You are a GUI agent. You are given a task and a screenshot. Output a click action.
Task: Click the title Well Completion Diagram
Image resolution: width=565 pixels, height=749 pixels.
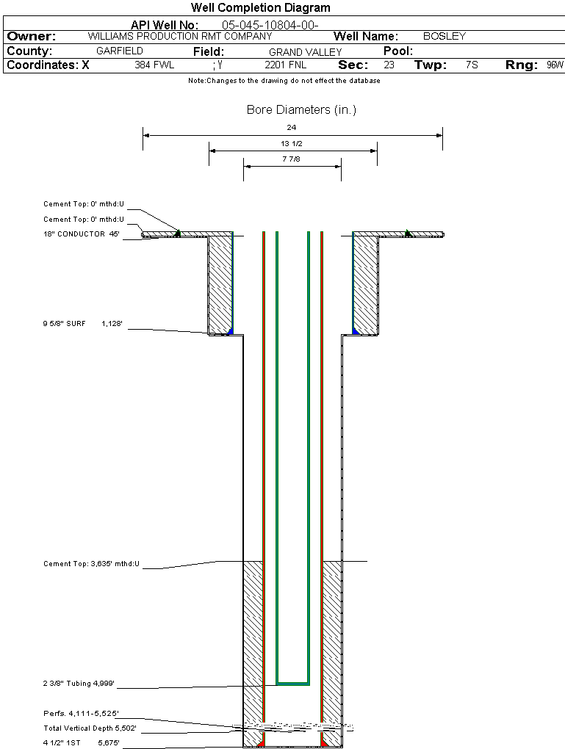pos(260,7)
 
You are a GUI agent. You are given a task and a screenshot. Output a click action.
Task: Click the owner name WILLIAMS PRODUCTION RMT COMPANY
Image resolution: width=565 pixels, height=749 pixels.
pos(179,36)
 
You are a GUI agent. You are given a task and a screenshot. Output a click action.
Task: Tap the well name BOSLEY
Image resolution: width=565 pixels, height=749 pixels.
pos(445,36)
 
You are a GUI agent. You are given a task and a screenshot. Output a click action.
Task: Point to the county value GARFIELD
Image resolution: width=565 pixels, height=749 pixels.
pos(120,51)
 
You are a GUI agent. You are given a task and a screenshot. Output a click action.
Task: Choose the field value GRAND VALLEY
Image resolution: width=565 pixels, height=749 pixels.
pos(305,52)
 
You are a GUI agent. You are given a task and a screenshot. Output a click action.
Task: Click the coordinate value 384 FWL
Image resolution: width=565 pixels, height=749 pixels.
pos(154,65)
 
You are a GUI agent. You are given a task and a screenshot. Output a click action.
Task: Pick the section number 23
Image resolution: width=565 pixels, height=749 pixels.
pos(389,65)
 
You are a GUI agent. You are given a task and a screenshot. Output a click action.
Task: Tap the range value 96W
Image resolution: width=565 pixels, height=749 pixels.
pos(555,65)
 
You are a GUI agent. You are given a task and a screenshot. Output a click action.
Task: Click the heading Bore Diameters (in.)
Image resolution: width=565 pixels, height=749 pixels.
pos(301,110)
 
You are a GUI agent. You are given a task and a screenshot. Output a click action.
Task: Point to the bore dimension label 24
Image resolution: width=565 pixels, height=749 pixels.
pos(292,128)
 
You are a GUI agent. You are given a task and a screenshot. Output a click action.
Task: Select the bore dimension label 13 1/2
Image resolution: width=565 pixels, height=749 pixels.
pos(292,144)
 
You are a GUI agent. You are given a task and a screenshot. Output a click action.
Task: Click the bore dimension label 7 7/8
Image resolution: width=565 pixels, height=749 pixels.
pos(292,159)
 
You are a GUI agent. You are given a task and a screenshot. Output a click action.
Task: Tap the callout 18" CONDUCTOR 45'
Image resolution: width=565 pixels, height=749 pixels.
pos(81,234)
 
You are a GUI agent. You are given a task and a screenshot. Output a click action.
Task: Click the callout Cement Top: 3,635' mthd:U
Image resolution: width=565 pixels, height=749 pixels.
pos(91,564)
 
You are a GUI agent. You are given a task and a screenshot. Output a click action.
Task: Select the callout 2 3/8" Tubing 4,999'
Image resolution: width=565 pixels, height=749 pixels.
pos(79,684)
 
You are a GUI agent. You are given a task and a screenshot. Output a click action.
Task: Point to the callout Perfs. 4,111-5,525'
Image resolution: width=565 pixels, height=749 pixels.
pos(81,713)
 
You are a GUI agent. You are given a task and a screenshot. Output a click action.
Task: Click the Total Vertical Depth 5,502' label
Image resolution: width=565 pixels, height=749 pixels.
pos(90,728)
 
